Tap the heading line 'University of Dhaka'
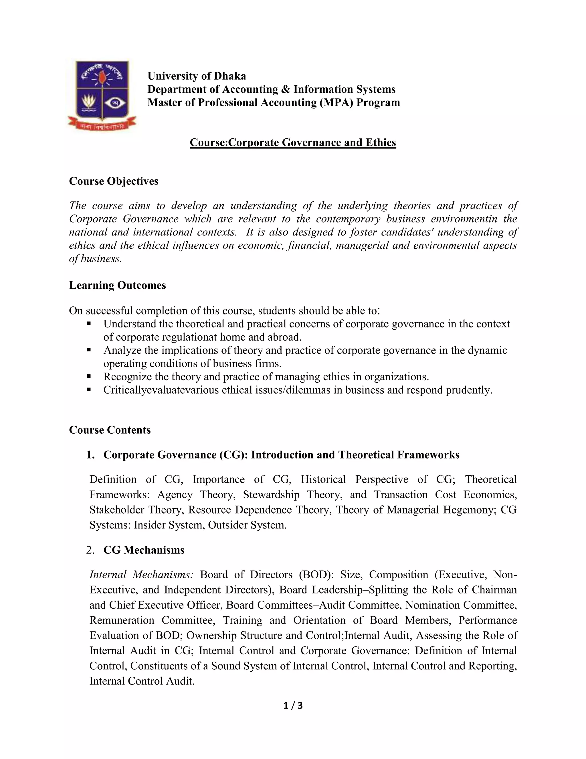(x=197, y=76)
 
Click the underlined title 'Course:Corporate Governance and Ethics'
(x=293, y=142)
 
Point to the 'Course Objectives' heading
(x=114, y=181)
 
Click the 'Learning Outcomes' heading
(x=117, y=285)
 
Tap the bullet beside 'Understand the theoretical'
(x=89, y=324)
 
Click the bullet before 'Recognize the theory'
(x=89, y=376)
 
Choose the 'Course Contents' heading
(x=110, y=430)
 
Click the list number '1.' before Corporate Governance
(x=90, y=455)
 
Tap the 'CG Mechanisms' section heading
(x=144, y=550)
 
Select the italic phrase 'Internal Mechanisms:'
(x=141, y=575)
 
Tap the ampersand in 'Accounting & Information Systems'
(x=285, y=89)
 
